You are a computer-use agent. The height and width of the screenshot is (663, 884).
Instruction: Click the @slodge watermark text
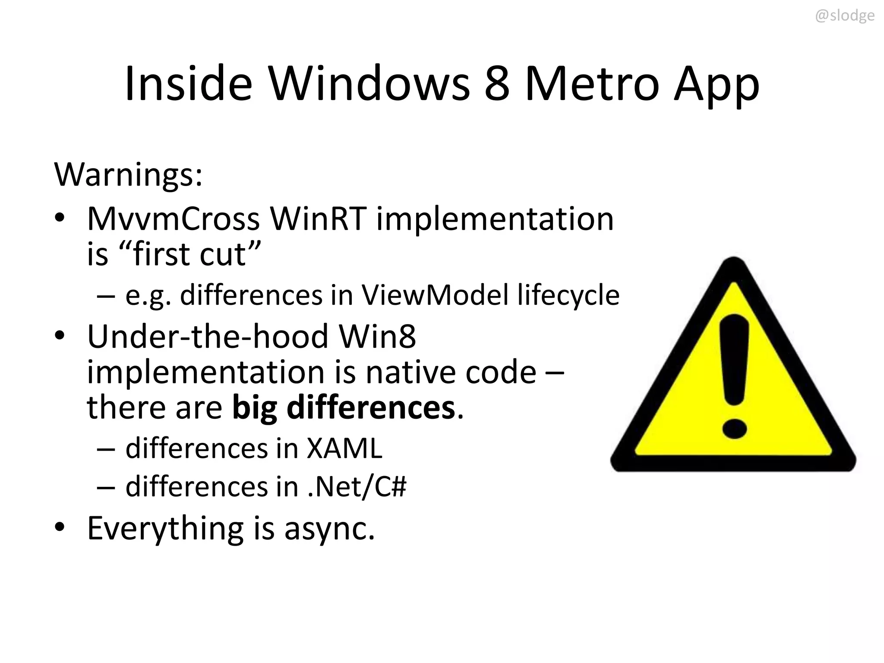coord(845,16)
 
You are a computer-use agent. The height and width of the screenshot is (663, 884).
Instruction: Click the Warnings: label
coord(128,175)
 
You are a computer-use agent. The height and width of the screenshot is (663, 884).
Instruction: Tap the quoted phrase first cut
coord(190,254)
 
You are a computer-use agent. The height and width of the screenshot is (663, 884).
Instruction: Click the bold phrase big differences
coord(344,407)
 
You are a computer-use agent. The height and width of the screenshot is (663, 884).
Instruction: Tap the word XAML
coord(344,448)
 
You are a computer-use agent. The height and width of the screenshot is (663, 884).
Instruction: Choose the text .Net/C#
coord(357,487)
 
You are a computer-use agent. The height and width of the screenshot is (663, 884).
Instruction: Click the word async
coord(329,529)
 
